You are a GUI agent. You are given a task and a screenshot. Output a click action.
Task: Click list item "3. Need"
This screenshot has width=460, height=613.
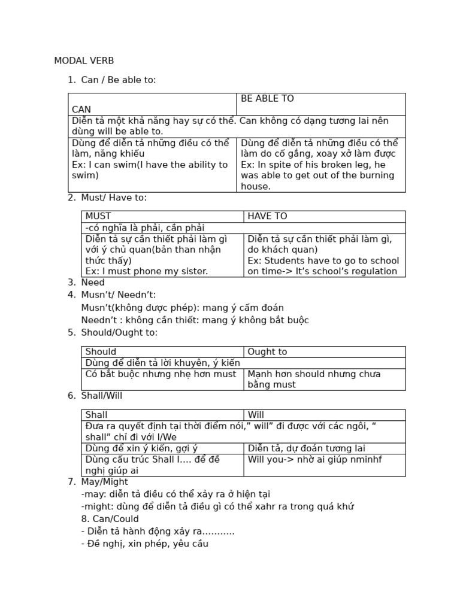point(77,283)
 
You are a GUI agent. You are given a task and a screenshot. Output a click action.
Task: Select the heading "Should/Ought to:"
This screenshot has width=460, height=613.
point(111,333)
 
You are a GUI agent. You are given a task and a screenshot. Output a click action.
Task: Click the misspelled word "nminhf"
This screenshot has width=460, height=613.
point(365,460)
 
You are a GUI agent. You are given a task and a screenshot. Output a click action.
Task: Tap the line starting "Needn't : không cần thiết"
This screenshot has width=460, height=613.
point(195,320)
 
